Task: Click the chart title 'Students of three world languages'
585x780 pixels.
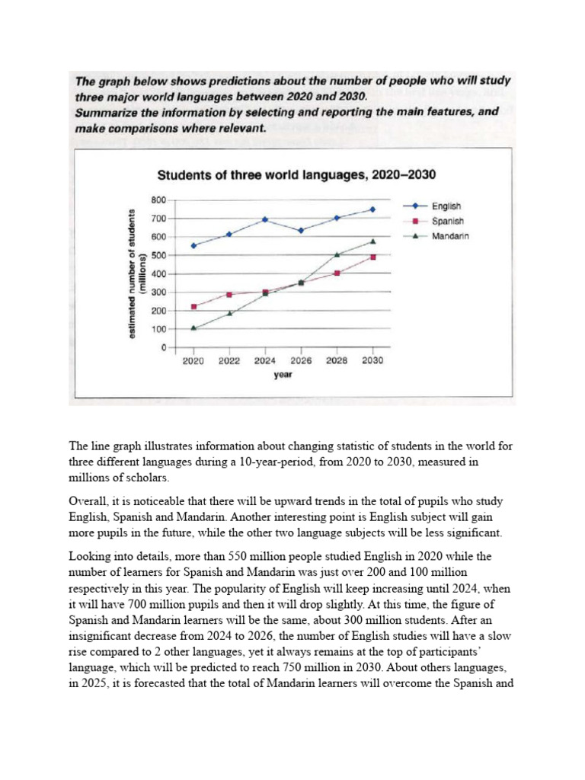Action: point(296,175)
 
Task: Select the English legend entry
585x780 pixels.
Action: point(446,206)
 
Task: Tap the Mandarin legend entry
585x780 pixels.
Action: point(449,236)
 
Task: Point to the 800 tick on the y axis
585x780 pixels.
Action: point(158,200)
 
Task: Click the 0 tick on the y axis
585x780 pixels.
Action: point(162,348)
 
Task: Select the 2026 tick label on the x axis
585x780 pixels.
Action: point(301,361)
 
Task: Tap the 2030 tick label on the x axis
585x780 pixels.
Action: point(372,361)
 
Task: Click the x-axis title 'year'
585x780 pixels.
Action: point(283,375)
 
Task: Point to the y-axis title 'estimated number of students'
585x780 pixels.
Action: point(137,273)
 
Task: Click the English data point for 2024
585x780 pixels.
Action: point(265,219)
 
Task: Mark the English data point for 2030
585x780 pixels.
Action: point(372,209)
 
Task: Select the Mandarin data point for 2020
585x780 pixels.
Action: point(193,328)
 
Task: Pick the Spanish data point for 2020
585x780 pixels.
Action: point(193,307)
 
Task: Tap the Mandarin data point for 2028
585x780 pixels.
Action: point(337,254)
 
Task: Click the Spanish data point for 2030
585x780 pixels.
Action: point(372,257)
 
